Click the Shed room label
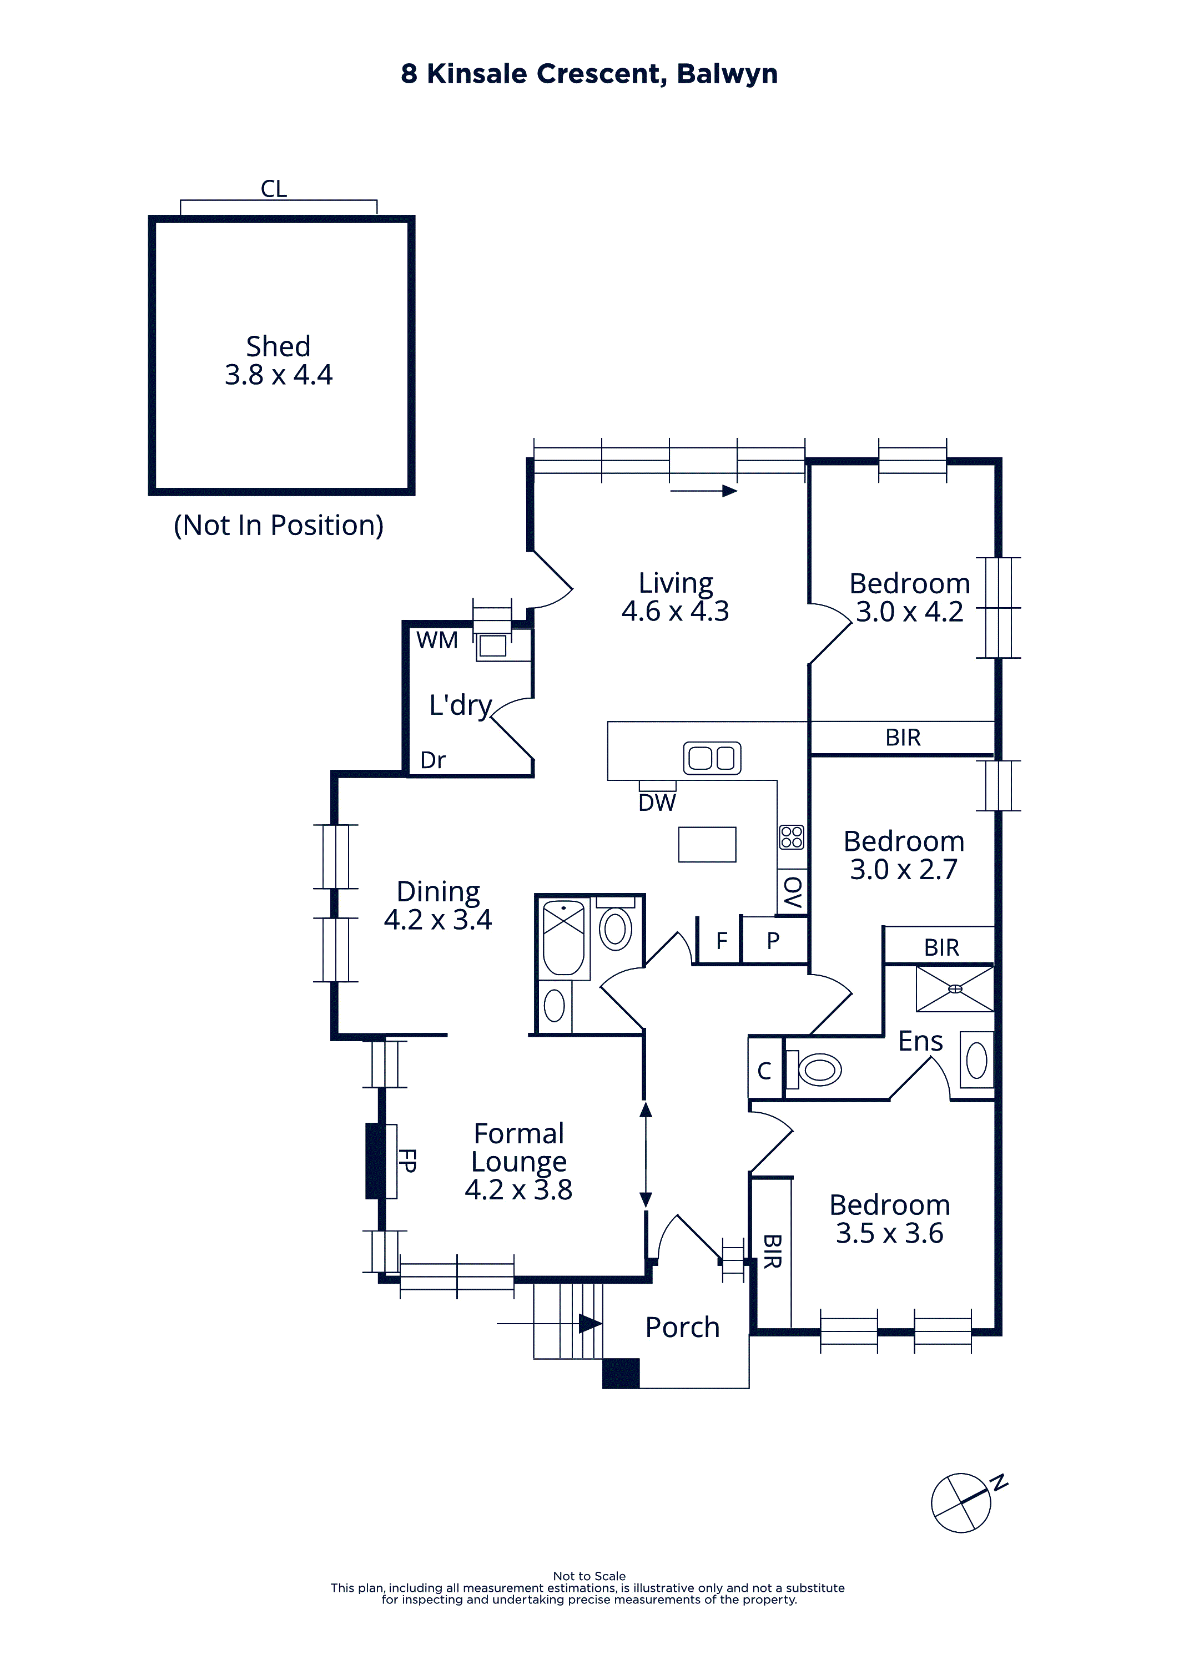pyautogui.click(x=278, y=347)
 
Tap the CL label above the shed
pyautogui.click(x=274, y=189)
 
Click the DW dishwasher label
pyautogui.click(x=657, y=803)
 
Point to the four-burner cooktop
pyautogui.click(x=792, y=837)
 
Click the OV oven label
pyautogui.click(x=793, y=892)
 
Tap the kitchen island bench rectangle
pyautogui.click(x=707, y=844)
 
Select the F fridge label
pyautogui.click(x=722, y=941)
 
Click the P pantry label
pyautogui.click(x=773, y=941)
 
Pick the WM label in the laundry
pyautogui.click(x=437, y=640)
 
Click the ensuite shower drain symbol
pyautogui.click(x=955, y=988)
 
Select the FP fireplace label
pyautogui.click(x=407, y=1161)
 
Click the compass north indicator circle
pyautogui.click(x=961, y=1502)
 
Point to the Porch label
pyautogui.click(x=682, y=1328)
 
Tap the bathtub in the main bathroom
pyautogui.click(x=564, y=938)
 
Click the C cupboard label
pyautogui.click(x=764, y=1071)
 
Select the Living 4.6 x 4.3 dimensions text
pyautogui.click(x=675, y=611)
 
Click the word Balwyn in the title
pyautogui.click(x=727, y=74)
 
